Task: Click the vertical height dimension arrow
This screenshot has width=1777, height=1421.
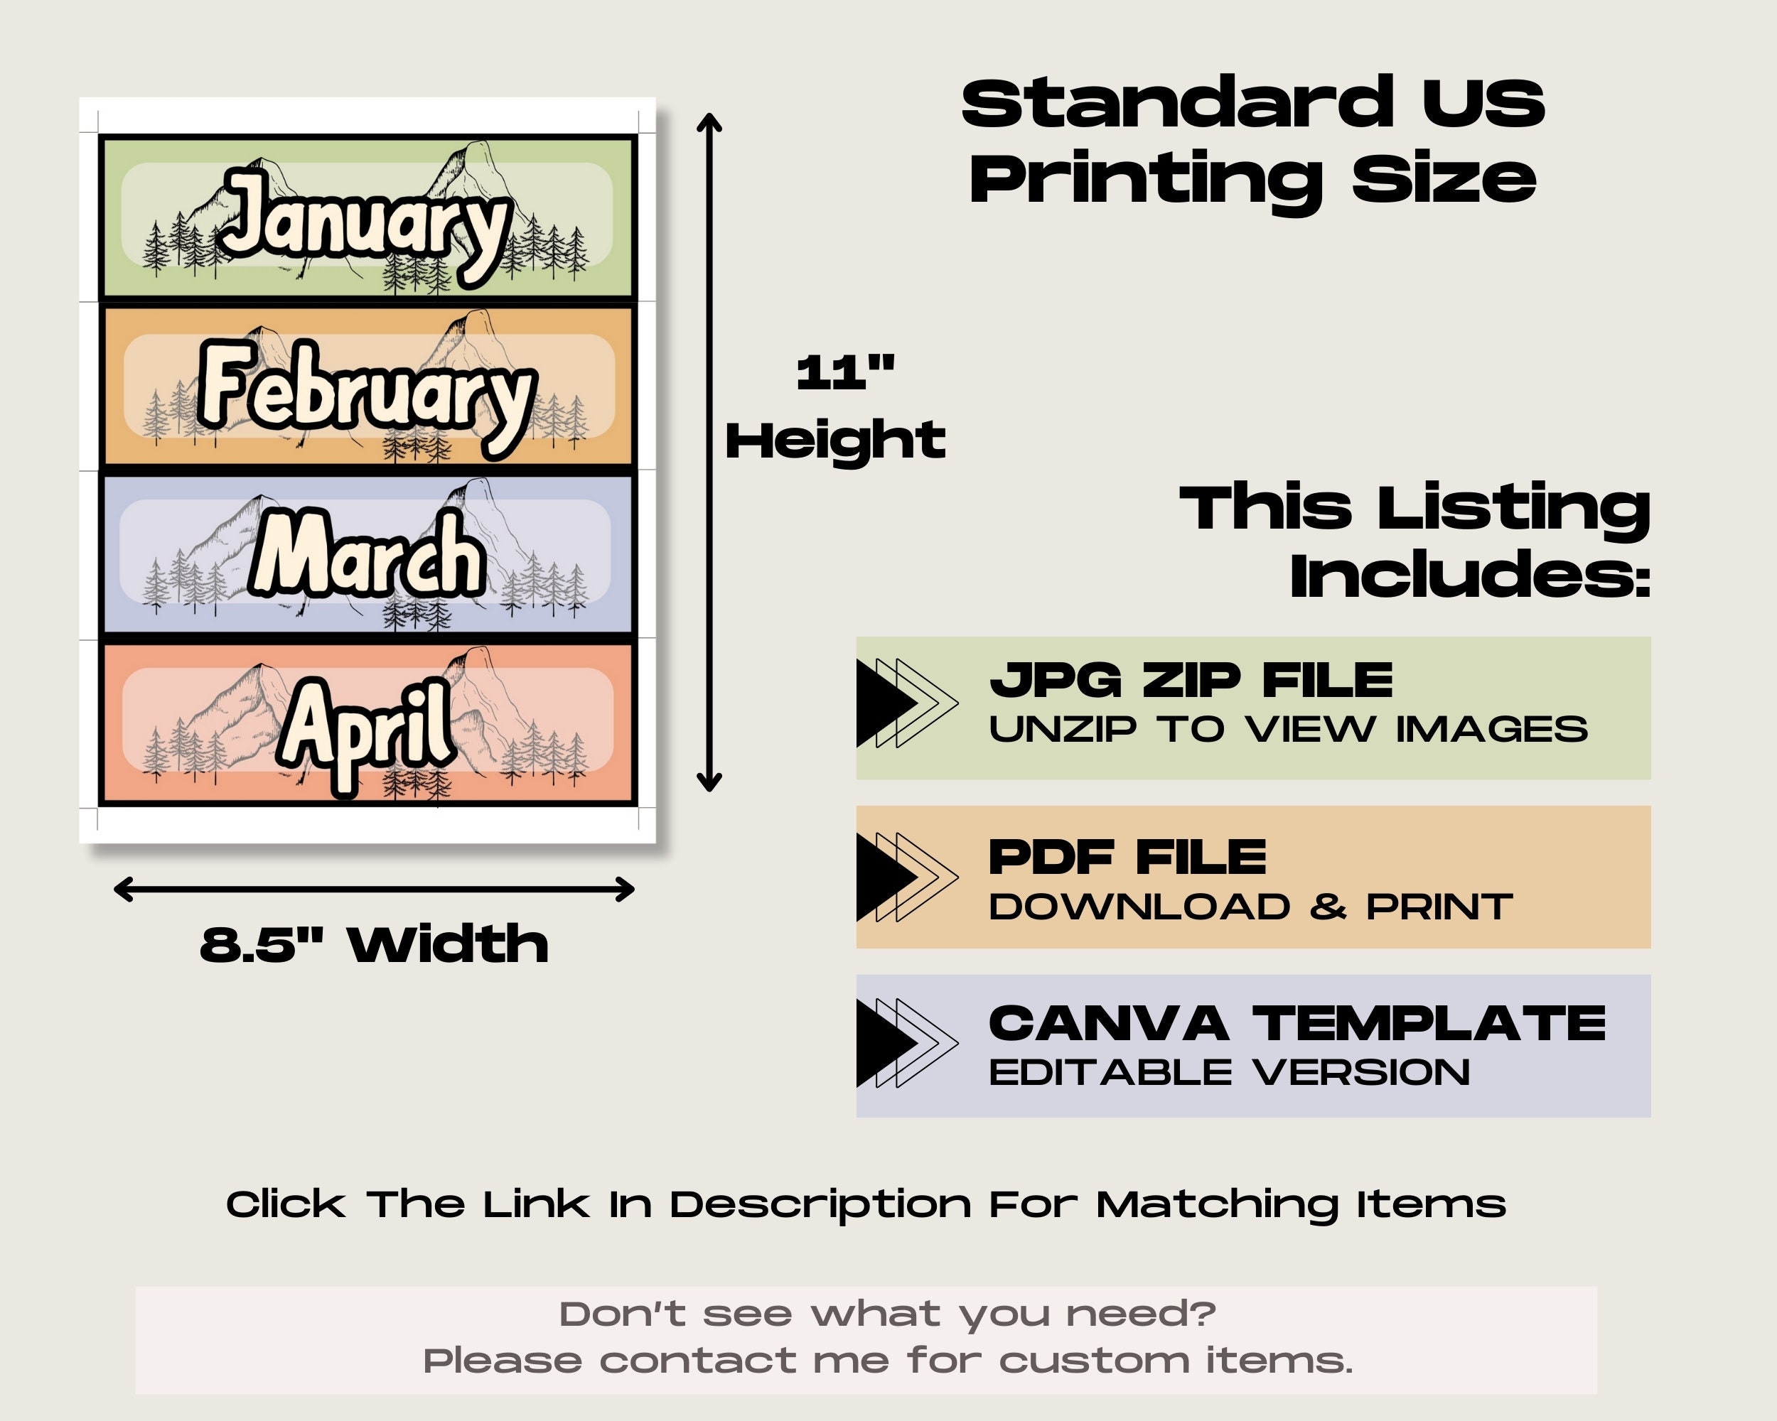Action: tap(709, 453)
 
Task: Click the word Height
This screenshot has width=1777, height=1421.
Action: tap(835, 440)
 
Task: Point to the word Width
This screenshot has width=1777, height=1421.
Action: tap(448, 944)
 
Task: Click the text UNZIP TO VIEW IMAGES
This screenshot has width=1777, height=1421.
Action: tap(1288, 730)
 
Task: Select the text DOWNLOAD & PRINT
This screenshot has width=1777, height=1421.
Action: tap(1250, 908)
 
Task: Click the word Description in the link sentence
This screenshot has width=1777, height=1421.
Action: tap(821, 1205)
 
